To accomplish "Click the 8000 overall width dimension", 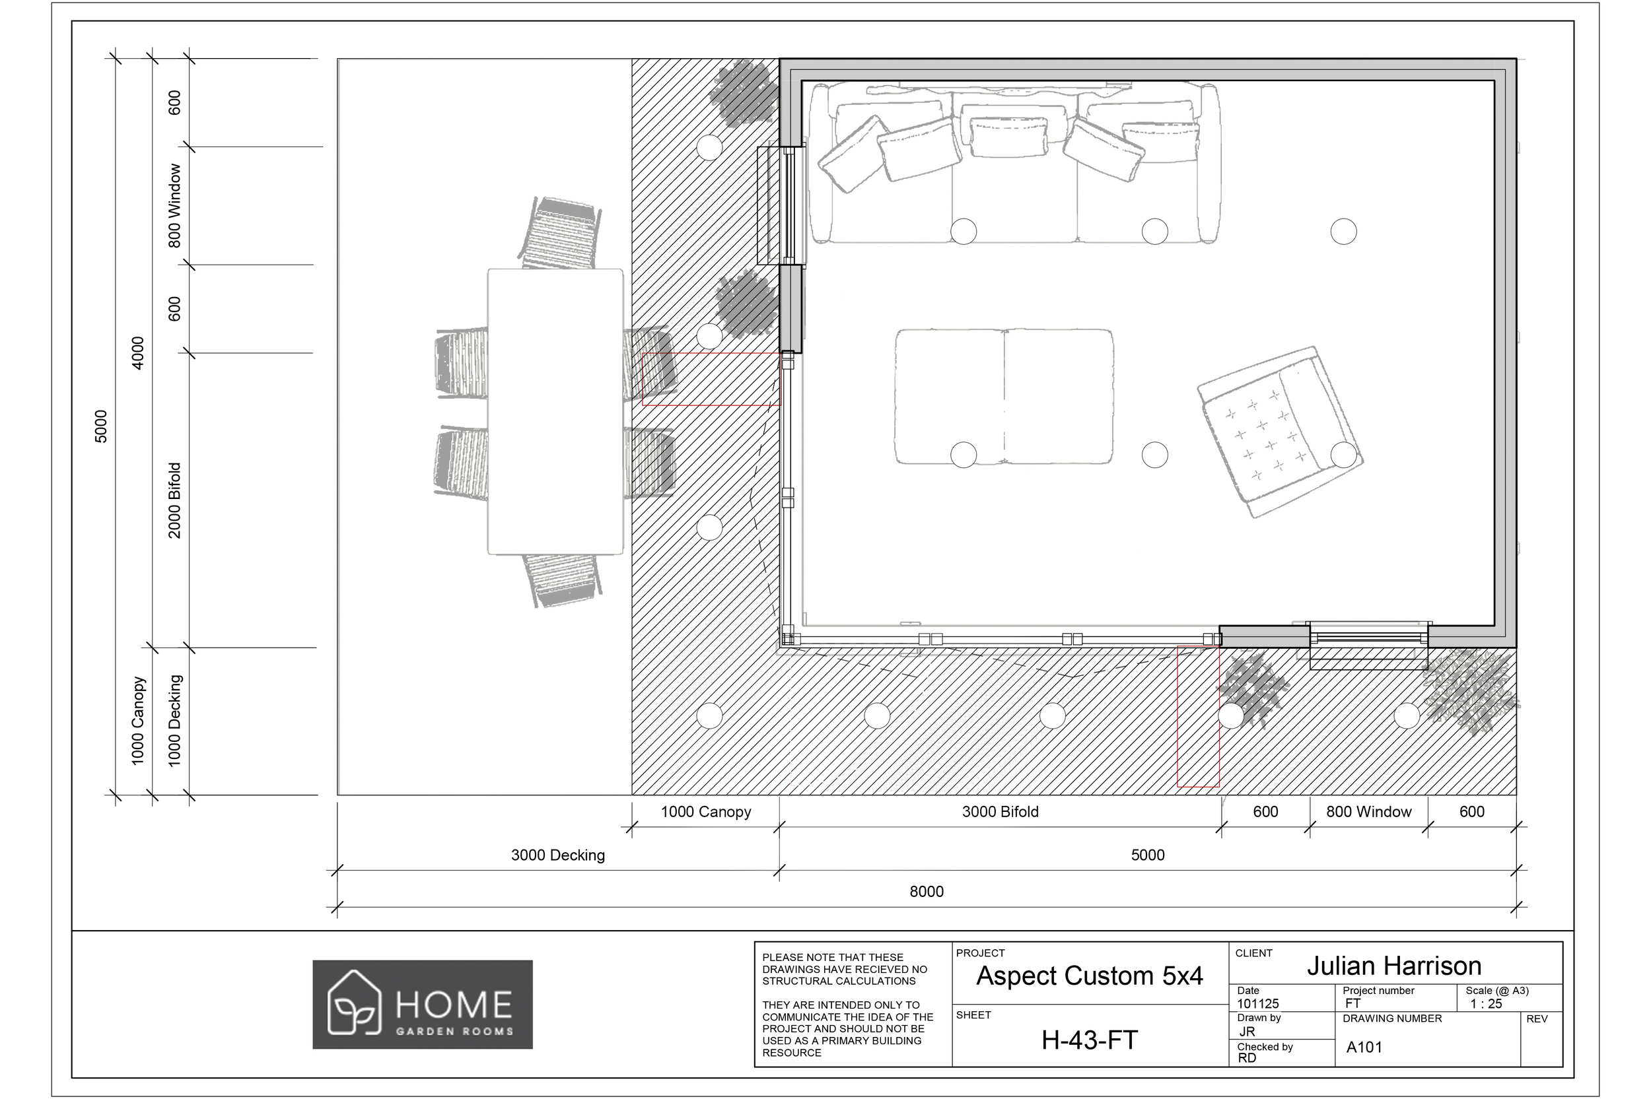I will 926,892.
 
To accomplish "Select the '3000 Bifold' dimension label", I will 1000,812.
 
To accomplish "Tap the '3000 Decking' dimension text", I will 557,855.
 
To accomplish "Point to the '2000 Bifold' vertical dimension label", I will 174,500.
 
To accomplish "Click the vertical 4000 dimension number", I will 137,352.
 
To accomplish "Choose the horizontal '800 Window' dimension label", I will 1368,812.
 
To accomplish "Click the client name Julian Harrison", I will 1393,966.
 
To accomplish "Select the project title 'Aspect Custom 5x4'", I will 1089,976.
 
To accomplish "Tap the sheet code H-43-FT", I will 1089,1040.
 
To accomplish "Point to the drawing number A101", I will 1364,1047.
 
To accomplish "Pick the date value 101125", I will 1257,1004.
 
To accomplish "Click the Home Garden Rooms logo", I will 422,1005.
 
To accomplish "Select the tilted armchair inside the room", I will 1279,432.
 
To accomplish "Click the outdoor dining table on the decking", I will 555,411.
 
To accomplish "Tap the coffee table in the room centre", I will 1003,396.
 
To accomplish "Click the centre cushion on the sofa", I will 1009,135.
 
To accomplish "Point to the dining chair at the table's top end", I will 561,233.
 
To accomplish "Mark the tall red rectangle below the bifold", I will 1197,716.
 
